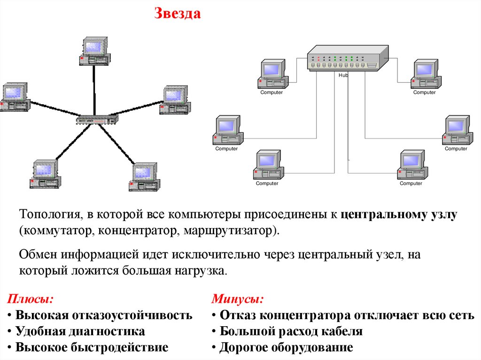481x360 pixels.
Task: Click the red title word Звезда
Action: (x=178, y=14)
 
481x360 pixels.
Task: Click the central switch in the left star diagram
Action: (x=97, y=119)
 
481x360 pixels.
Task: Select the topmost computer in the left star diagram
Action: (x=94, y=51)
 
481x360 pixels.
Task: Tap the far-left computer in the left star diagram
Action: (x=15, y=97)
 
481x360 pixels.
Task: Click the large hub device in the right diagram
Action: (x=348, y=58)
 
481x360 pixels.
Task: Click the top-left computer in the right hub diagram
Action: (x=272, y=74)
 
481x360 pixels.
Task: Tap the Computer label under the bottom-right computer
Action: (x=411, y=184)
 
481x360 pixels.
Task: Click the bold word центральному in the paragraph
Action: (x=383, y=215)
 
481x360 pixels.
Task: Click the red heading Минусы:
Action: (x=237, y=299)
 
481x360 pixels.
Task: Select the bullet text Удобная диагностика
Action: (x=80, y=331)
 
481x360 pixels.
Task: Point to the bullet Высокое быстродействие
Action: (x=92, y=348)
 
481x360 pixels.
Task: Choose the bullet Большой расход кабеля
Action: (x=291, y=331)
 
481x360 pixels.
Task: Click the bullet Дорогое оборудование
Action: (x=286, y=348)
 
